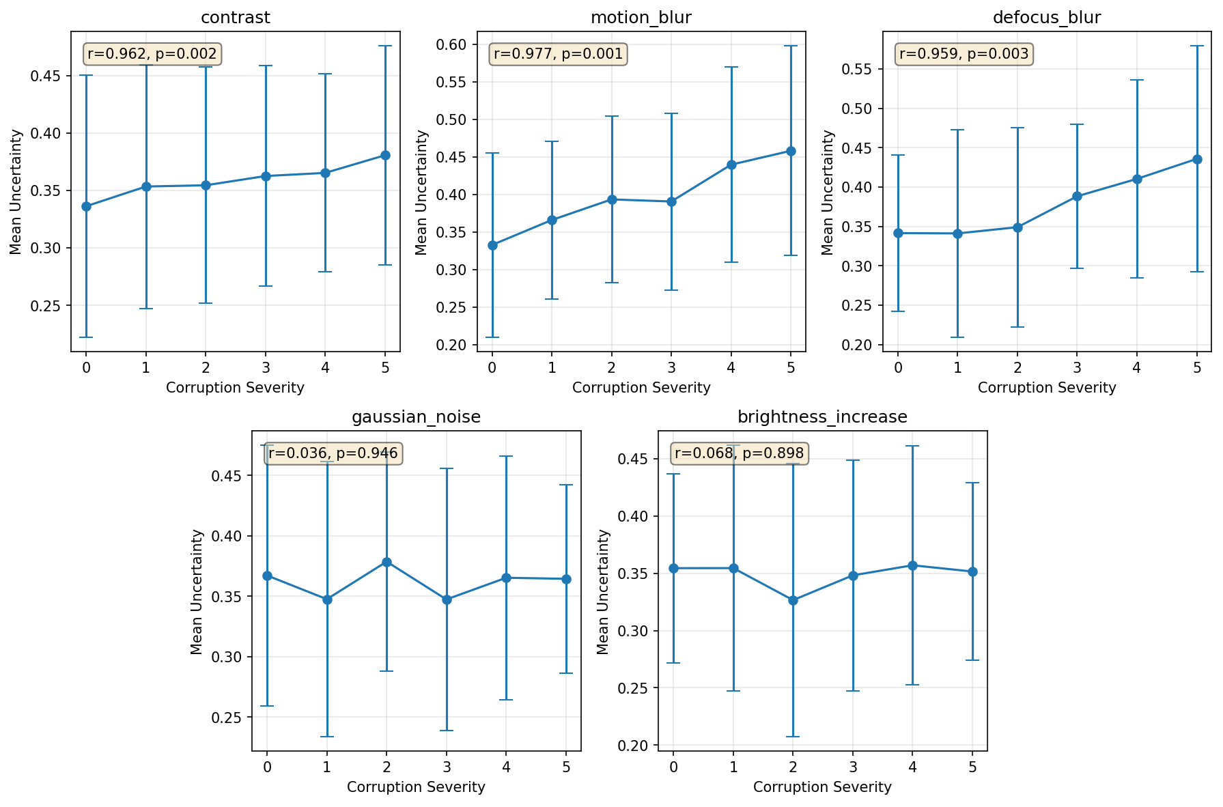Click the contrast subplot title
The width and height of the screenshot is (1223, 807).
click(x=235, y=18)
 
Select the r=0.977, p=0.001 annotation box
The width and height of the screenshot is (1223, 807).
click(x=558, y=54)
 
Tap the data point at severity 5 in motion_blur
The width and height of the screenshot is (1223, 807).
click(x=791, y=151)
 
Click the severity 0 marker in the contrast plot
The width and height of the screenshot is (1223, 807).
click(x=86, y=206)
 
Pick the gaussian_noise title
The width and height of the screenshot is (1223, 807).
click(x=416, y=417)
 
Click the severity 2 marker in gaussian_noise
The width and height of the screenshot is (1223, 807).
click(x=386, y=562)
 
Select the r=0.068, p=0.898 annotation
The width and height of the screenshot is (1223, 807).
click(x=739, y=453)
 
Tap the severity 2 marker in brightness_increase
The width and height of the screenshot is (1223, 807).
click(x=793, y=600)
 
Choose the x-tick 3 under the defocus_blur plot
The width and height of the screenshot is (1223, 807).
click(x=1077, y=368)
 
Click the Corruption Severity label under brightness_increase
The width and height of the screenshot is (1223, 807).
click(x=822, y=787)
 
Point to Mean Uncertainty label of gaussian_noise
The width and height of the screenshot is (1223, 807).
click(x=197, y=591)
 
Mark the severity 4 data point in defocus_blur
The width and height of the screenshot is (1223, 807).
click(x=1137, y=179)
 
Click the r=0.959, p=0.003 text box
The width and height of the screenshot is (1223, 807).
click(x=964, y=54)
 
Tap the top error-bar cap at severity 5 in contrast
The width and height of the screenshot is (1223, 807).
click(x=385, y=46)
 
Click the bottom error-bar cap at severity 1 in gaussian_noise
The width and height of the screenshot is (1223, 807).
click(x=327, y=737)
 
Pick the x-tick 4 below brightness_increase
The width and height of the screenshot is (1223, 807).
click(x=912, y=767)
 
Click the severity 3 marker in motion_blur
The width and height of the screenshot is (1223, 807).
click(x=671, y=201)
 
